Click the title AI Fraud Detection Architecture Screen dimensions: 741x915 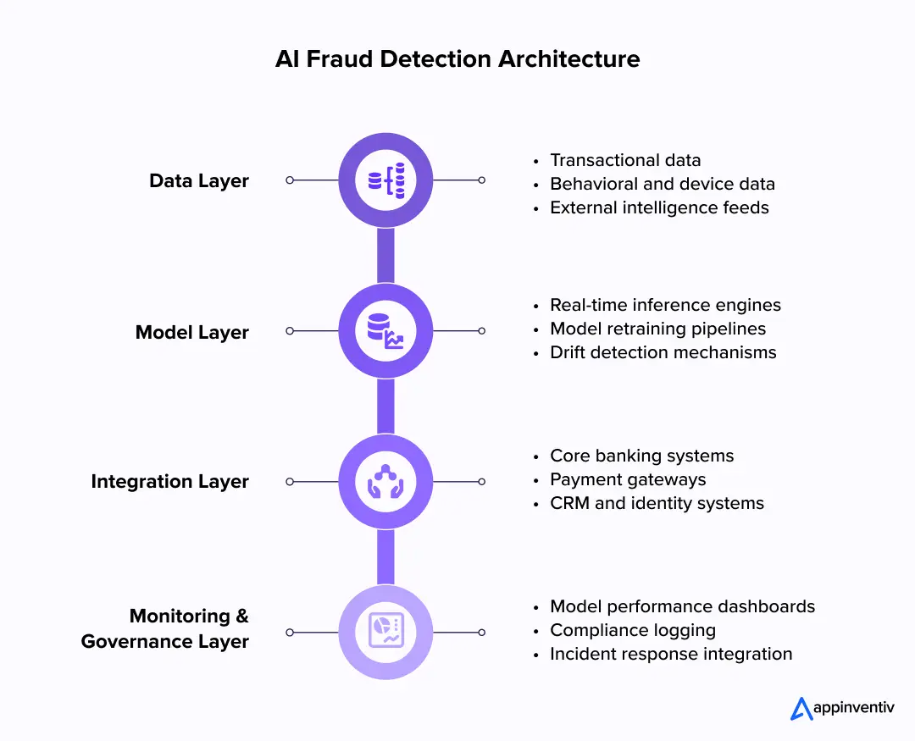coord(457,58)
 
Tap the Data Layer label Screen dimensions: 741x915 coord(199,180)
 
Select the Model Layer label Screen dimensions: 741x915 coord(192,332)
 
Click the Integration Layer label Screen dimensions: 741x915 coord(170,482)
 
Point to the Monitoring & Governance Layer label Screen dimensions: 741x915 coord(165,628)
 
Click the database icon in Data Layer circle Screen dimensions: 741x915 coord(385,180)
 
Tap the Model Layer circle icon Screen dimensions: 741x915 coord(385,331)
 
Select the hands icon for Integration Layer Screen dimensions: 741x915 coord(385,482)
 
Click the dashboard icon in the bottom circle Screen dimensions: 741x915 coord(385,632)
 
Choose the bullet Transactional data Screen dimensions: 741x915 coord(625,160)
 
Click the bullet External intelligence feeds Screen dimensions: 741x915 coord(659,207)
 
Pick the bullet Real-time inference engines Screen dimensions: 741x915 coord(665,305)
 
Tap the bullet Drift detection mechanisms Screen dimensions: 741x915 coord(663,352)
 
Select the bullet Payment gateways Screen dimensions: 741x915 coord(628,479)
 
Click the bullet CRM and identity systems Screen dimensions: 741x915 coord(657,503)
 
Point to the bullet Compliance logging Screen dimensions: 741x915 coord(633,630)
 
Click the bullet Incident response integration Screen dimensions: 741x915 coord(671,654)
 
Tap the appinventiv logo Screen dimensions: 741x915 coord(841,708)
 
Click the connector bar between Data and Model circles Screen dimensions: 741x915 coord(385,256)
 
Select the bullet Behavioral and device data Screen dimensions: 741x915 coord(662,184)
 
